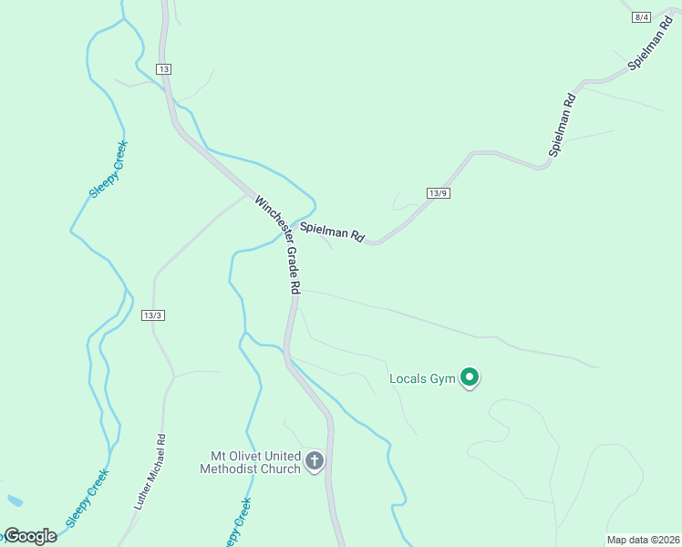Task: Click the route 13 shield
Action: (x=163, y=69)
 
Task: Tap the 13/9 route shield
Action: (x=439, y=192)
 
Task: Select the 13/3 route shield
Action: (x=153, y=315)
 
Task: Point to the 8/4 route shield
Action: (x=641, y=17)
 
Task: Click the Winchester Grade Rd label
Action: (x=278, y=244)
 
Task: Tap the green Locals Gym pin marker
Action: (x=470, y=376)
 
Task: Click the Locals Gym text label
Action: (x=422, y=378)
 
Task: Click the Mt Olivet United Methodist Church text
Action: (x=251, y=462)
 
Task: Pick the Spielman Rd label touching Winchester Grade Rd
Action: (x=333, y=232)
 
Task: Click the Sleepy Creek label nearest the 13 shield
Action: (x=108, y=169)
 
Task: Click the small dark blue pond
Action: (x=13, y=501)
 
